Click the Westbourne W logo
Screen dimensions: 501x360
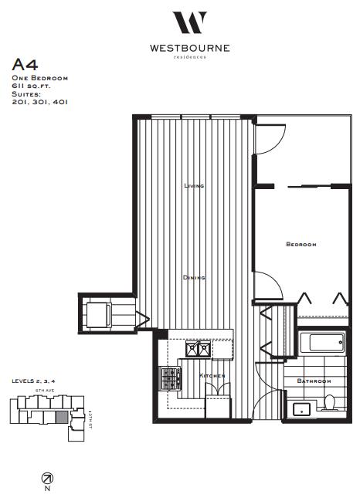[189, 22]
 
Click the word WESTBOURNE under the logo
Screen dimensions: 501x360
[189, 47]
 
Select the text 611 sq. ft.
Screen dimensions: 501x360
[31, 86]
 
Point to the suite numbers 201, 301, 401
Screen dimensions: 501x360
[39, 101]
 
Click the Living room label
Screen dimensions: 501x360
[193, 186]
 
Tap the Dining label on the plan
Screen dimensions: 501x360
[193, 277]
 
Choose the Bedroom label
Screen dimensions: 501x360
[301, 245]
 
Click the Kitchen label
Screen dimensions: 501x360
[212, 375]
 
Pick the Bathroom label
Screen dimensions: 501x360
[315, 381]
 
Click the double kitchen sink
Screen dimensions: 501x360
[197, 350]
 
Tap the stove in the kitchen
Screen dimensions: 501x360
[171, 377]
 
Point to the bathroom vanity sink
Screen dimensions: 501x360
[301, 408]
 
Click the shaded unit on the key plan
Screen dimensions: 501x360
[59, 418]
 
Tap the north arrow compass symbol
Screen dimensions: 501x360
[46, 478]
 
